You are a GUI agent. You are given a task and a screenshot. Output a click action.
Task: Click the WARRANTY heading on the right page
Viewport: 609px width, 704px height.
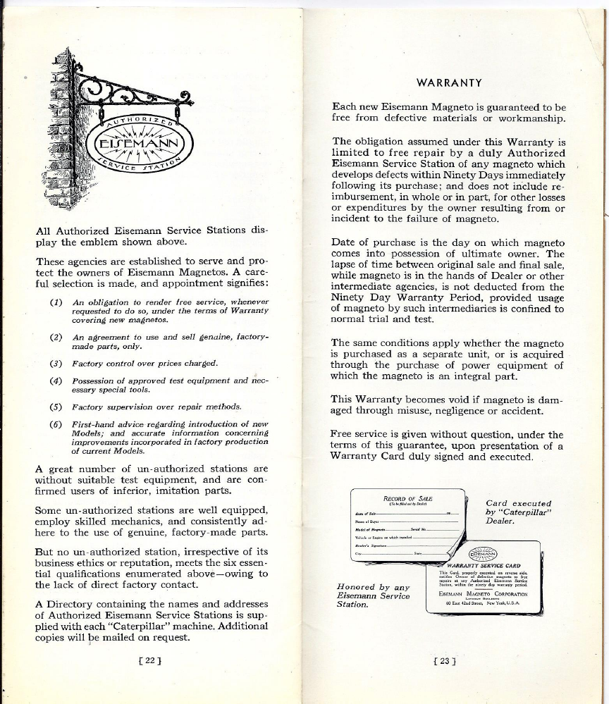(x=449, y=83)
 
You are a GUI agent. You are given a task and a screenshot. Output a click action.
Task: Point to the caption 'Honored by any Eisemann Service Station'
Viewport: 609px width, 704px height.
(x=373, y=595)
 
